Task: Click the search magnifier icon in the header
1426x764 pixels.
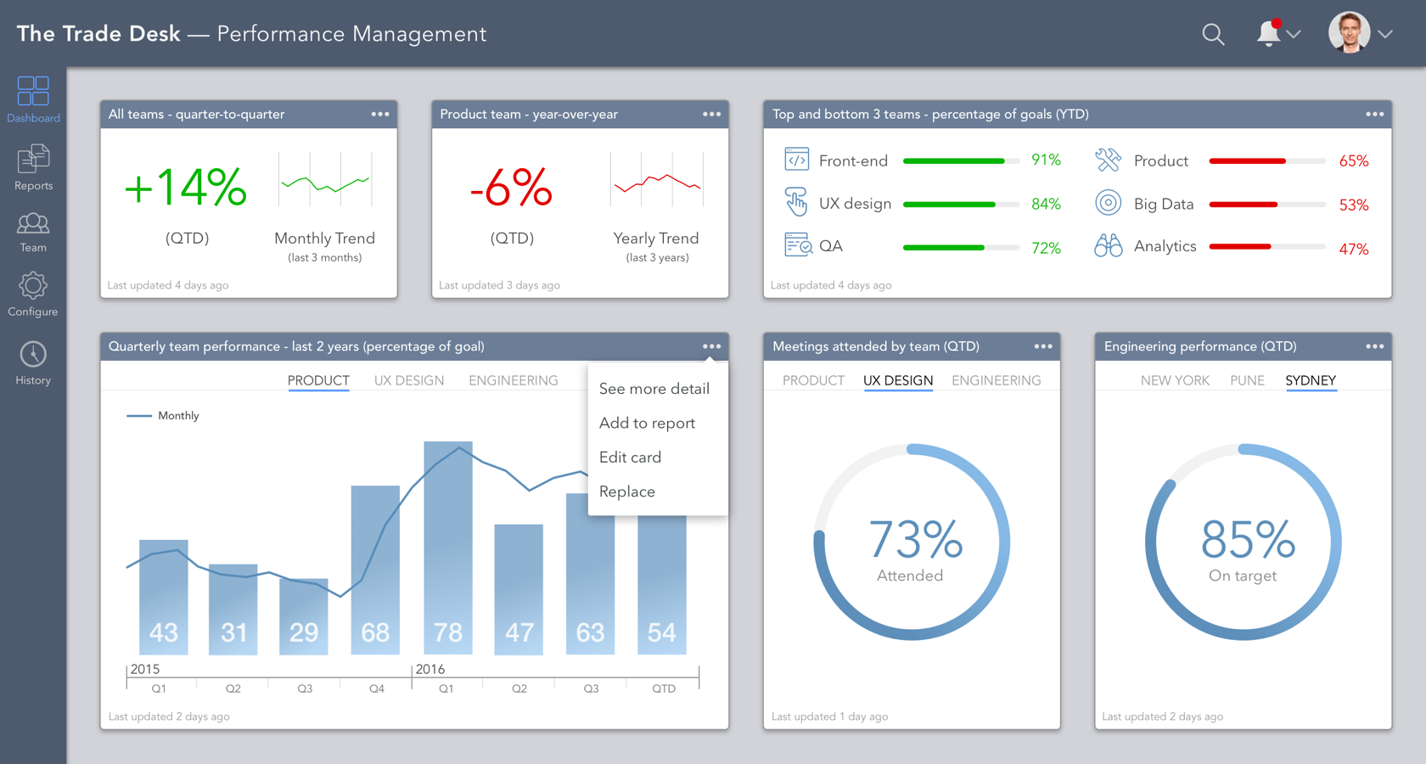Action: tap(1213, 35)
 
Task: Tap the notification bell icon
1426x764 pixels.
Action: tap(1268, 33)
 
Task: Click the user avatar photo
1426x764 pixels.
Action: tap(1349, 33)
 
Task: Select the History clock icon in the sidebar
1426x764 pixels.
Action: tap(33, 355)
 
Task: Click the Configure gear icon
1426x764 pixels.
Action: tap(33, 286)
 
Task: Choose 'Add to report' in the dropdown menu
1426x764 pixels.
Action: tap(647, 423)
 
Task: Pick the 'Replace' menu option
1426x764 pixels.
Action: tap(627, 492)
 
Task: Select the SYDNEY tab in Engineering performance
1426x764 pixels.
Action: tap(1311, 380)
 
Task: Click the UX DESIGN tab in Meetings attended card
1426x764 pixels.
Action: tap(898, 380)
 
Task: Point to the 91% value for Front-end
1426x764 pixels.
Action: tap(1046, 160)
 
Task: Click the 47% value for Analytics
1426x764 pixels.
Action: tap(1353, 249)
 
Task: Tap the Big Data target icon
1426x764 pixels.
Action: tap(1108, 203)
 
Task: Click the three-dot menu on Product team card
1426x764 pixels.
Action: tap(711, 114)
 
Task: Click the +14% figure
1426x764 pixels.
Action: tap(186, 188)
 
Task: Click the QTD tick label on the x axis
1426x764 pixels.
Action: tap(664, 688)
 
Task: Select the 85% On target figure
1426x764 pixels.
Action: tap(1247, 540)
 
